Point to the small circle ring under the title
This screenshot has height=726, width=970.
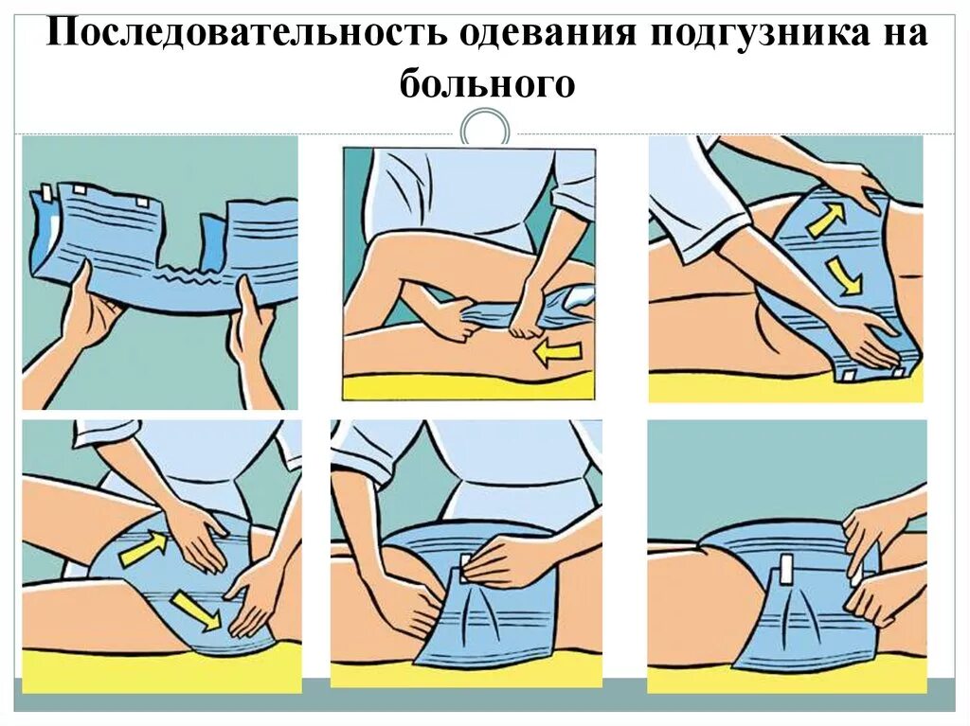pos(484,129)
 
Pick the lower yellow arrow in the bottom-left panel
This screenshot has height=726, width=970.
pos(194,611)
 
